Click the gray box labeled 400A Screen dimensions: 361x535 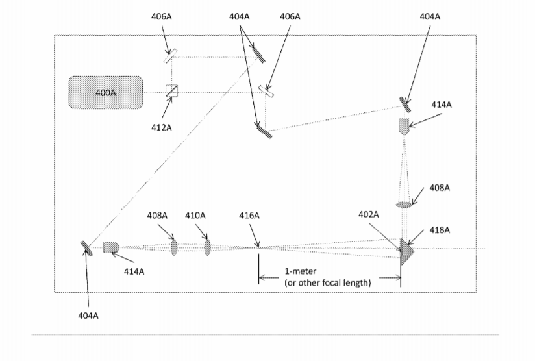point(106,92)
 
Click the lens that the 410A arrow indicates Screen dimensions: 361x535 point(208,247)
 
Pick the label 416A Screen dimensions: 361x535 point(249,215)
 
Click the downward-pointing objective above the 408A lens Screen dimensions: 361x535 point(404,126)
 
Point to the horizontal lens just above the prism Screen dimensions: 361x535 point(404,205)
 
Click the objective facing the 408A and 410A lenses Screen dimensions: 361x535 point(111,247)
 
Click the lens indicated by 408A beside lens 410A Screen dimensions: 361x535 point(174,247)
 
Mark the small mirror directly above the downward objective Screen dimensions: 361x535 point(405,103)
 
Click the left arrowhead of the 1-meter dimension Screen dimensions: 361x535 point(262,278)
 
